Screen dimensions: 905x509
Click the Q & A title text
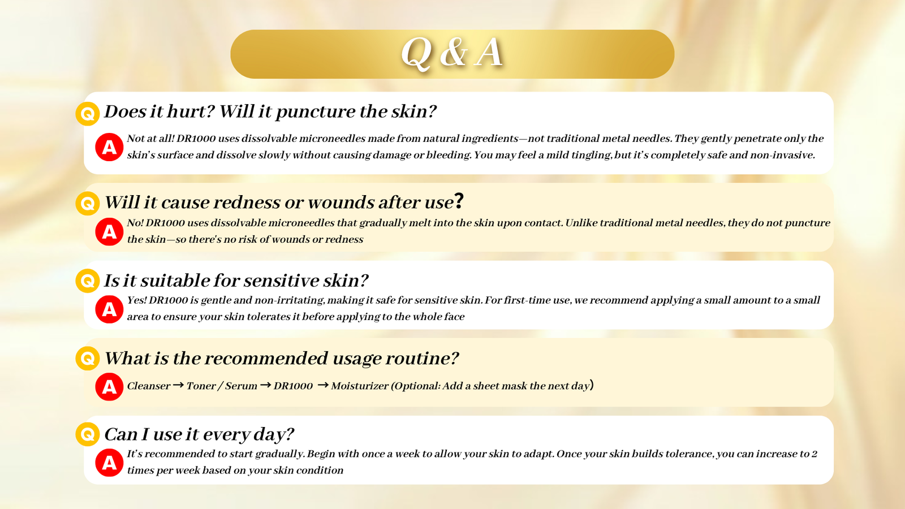point(452,53)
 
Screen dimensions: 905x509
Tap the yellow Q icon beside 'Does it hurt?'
point(88,114)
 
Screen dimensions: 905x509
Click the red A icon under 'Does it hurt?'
point(109,147)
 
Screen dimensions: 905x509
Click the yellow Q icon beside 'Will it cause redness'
point(88,203)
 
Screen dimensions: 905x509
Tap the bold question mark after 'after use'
point(459,201)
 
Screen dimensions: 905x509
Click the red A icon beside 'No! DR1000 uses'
point(109,232)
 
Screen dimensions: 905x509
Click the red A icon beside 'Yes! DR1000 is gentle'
point(109,309)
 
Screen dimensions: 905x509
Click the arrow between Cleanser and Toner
point(178,385)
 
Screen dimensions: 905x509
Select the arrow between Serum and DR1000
point(265,385)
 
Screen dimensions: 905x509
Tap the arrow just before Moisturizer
point(323,385)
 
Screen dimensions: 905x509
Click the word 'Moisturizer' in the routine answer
point(360,386)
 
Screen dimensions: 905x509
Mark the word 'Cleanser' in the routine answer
point(149,386)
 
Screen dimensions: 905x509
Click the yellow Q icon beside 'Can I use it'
point(88,434)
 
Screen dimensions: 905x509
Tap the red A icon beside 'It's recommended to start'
point(109,463)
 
